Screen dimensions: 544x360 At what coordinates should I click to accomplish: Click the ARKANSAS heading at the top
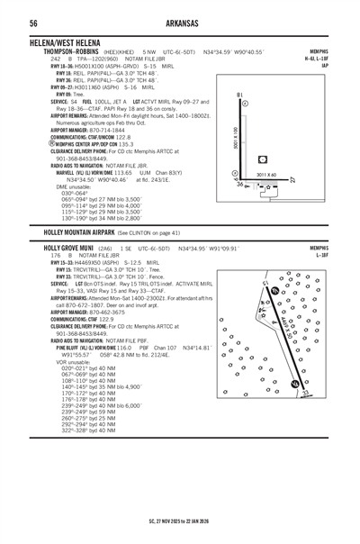click(179, 23)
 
